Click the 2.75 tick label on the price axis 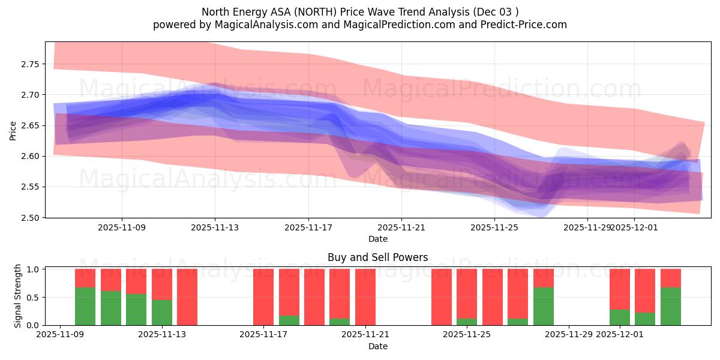29,64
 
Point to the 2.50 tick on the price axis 29,218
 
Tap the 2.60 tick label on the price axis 29,156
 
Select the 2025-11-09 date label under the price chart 122,228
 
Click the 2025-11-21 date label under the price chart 401,228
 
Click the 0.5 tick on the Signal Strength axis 34,298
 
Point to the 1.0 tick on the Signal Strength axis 34,269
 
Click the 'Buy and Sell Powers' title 377,257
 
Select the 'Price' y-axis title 13,130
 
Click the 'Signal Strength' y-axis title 18,296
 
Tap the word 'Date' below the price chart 377,239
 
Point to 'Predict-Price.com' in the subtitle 526,25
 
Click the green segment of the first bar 85,306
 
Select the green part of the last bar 670,306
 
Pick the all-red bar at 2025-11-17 263,297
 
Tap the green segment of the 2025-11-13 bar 162,313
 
